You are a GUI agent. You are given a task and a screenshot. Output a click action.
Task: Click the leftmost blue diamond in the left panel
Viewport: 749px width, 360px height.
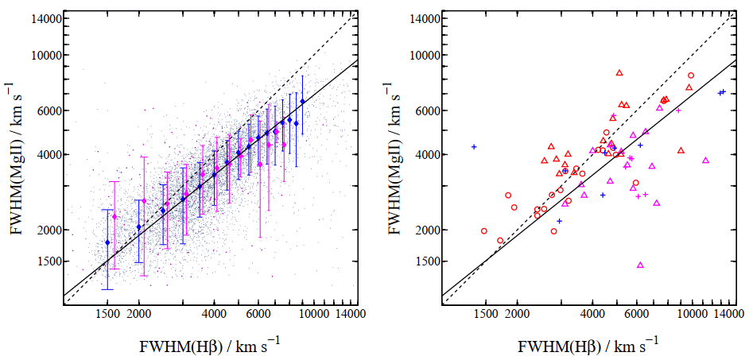[x=107, y=242]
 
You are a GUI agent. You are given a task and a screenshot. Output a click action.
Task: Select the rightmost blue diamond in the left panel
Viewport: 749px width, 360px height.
[x=302, y=101]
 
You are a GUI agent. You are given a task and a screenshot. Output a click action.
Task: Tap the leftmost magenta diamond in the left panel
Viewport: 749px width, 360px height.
[x=114, y=217]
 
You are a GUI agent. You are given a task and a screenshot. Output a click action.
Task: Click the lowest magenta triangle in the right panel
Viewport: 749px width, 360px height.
[x=641, y=265]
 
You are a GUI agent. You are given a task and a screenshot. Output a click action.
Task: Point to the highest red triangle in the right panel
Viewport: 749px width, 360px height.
[x=619, y=72]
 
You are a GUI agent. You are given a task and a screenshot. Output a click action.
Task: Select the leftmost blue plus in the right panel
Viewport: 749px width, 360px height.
[x=474, y=146]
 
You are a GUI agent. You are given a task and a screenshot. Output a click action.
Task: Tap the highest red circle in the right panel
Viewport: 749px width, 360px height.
[x=691, y=75]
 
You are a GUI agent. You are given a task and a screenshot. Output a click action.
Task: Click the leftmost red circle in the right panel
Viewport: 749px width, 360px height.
[x=484, y=231]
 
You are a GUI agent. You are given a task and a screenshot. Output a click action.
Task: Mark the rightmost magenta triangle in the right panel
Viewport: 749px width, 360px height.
[x=705, y=161]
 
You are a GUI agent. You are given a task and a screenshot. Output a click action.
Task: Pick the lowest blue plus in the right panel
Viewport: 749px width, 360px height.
[x=559, y=221]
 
